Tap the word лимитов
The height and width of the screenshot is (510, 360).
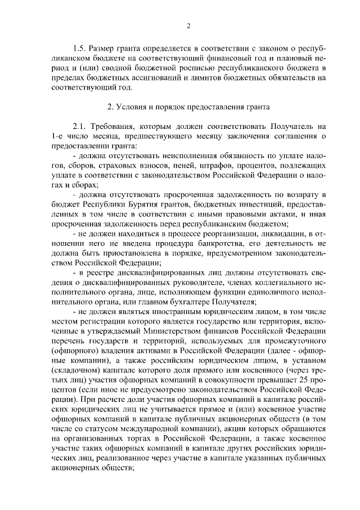click(221, 78)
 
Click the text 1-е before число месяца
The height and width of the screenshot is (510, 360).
click(57, 136)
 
